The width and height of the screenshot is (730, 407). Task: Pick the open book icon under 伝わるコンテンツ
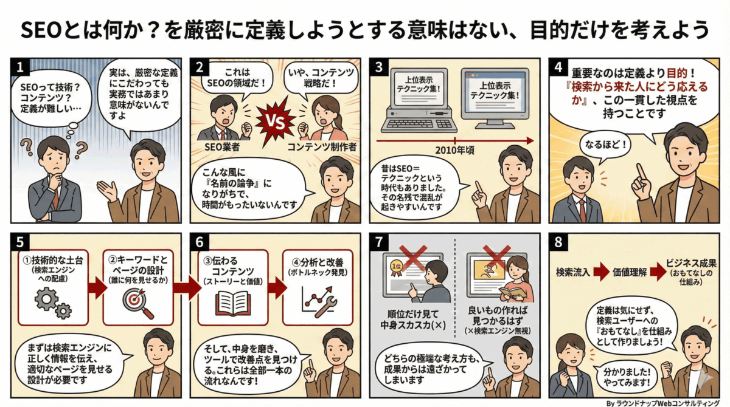point(232,302)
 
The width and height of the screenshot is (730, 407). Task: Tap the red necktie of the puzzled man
point(56,197)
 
